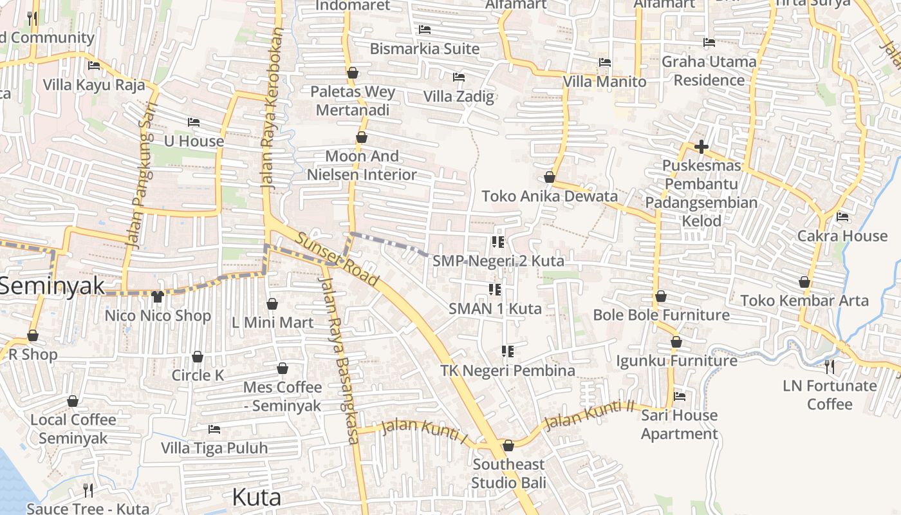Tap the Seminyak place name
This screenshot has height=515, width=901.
click(x=51, y=286)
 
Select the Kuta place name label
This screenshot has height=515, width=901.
click(x=256, y=497)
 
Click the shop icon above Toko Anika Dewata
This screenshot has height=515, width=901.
click(x=550, y=177)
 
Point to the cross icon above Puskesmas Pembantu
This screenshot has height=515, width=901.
click(x=701, y=147)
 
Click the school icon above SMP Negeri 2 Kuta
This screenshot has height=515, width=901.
click(x=497, y=242)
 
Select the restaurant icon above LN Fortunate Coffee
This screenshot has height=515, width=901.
click(x=830, y=367)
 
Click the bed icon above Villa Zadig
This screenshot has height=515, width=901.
click(x=459, y=77)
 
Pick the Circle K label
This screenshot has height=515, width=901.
click(x=198, y=375)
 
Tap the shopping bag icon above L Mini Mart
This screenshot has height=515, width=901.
click(x=272, y=304)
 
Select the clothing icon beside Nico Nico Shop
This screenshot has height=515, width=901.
click(x=158, y=297)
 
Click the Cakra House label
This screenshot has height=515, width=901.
click(x=842, y=236)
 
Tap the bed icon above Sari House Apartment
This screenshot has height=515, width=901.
click(x=680, y=397)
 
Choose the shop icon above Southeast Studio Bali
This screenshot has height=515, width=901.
click(x=508, y=445)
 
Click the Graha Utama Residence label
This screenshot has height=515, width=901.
click(x=709, y=71)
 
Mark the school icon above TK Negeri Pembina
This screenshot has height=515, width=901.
click(x=508, y=351)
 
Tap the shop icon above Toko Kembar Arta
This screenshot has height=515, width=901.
click(x=804, y=282)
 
